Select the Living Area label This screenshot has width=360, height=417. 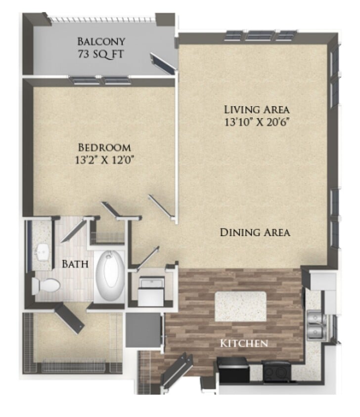pos(256,109)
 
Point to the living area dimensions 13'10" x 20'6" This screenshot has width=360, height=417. pos(256,122)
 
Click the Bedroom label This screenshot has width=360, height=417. pos(104,147)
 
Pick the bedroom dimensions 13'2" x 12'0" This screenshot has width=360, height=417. pos(104,159)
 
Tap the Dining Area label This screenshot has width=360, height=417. pos(255,232)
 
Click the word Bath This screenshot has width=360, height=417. pos(75,264)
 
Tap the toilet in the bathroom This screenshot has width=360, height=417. pos(45,285)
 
